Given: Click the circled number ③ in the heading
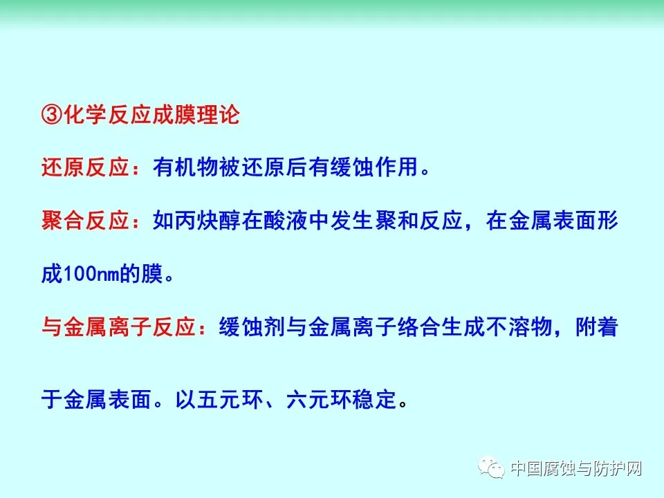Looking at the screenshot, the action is tap(52, 115).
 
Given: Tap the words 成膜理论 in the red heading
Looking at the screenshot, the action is tap(196, 115).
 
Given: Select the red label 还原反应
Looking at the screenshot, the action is tap(85, 167).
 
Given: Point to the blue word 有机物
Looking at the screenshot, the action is tap(185, 167).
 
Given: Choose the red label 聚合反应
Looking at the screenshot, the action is tap(85, 221).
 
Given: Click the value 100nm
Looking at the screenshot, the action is tap(91, 274).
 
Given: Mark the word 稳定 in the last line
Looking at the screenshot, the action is tap(374, 400).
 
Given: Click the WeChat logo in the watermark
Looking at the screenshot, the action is tap(491, 468).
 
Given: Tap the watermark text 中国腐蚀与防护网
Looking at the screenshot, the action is tap(576, 468).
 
